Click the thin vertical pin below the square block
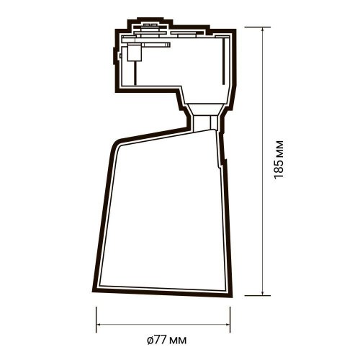coord(132,72)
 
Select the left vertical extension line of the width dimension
coord(96,317)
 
